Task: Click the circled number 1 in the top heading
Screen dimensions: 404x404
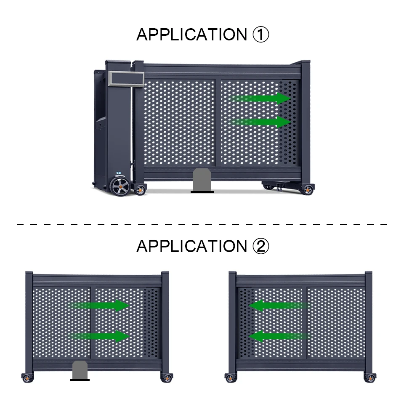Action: click(x=261, y=35)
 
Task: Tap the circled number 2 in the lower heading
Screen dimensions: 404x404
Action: click(x=261, y=246)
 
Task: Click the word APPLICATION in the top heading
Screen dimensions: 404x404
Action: click(x=192, y=35)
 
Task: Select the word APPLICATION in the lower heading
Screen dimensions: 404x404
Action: click(x=192, y=246)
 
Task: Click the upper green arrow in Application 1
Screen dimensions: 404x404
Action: click(x=260, y=98)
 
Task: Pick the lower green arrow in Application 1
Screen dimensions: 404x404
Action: click(x=260, y=122)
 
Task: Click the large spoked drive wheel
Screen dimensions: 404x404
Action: click(x=121, y=186)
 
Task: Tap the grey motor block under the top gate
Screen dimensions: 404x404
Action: click(x=202, y=180)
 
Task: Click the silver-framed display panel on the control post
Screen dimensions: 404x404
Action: click(x=126, y=79)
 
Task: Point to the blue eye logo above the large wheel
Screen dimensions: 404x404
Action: click(x=119, y=173)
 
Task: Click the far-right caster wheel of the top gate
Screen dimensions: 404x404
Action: click(x=308, y=190)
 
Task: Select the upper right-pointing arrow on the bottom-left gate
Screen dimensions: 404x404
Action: click(x=99, y=306)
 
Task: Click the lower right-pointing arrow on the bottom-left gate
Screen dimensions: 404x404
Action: click(x=99, y=336)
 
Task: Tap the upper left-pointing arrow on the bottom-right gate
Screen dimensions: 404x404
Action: click(x=279, y=306)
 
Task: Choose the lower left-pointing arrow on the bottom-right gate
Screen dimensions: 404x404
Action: click(x=279, y=336)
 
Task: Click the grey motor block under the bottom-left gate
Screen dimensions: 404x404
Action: click(x=80, y=370)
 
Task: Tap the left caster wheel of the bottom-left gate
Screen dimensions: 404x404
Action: click(x=27, y=378)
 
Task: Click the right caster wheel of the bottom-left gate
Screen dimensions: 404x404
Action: click(x=167, y=378)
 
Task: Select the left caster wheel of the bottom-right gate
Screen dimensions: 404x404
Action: click(x=231, y=378)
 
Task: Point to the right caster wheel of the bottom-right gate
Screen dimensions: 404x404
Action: click(x=370, y=378)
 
